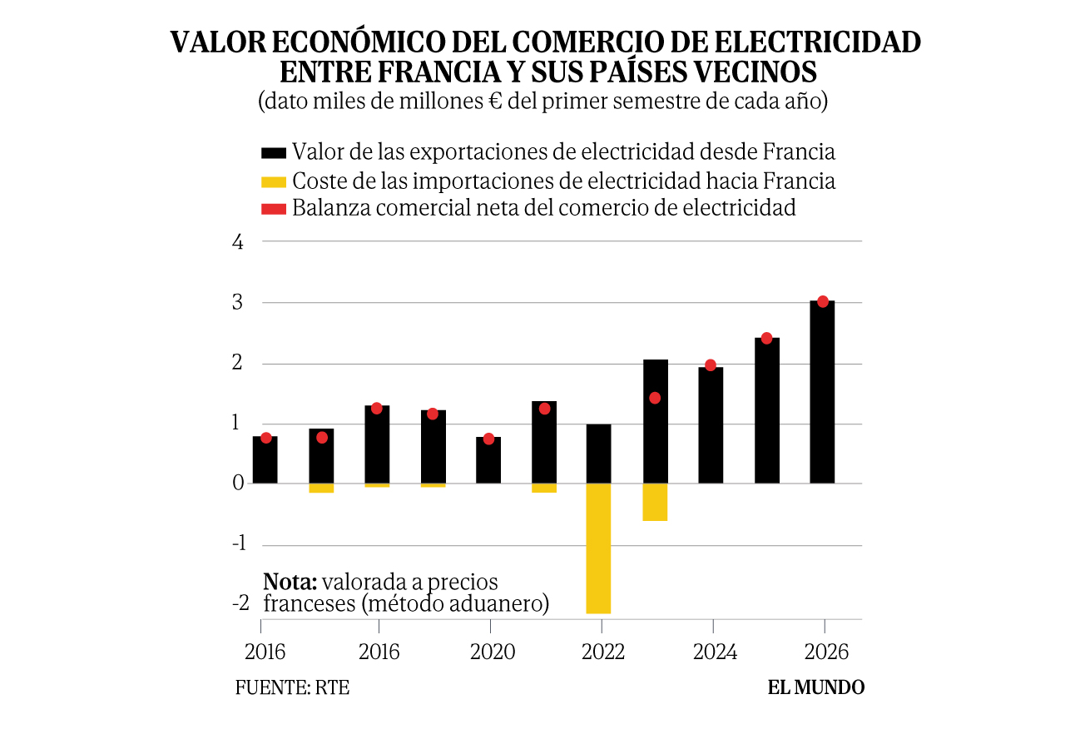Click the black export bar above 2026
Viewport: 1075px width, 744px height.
point(822,392)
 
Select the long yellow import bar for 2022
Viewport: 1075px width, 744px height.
point(598,548)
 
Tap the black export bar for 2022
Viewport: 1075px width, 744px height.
point(598,454)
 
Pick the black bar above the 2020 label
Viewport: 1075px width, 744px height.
point(488,460)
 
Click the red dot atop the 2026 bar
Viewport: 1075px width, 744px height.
point(823,301)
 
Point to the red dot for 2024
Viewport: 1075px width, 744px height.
point(711,365)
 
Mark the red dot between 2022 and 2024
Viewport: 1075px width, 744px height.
point(655,398)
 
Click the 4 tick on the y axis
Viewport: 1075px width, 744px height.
point(238,242)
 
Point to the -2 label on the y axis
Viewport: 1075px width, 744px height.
point(241,603)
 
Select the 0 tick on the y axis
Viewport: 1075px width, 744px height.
point(238,483)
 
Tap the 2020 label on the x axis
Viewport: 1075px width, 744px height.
point(493,652)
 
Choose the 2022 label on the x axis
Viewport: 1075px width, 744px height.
point(603,652)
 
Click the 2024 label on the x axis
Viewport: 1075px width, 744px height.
point(715,652)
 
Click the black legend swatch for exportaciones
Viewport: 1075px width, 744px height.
point(274,153)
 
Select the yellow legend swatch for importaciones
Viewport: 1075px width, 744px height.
point(274,182)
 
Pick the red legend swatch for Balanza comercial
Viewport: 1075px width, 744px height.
point(274,209)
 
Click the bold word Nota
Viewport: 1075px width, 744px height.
point(290,582)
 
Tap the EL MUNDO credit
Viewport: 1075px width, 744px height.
point(816,687)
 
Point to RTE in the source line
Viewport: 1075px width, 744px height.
point(332,687)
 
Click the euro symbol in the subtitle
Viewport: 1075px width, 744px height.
point(495,102)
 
